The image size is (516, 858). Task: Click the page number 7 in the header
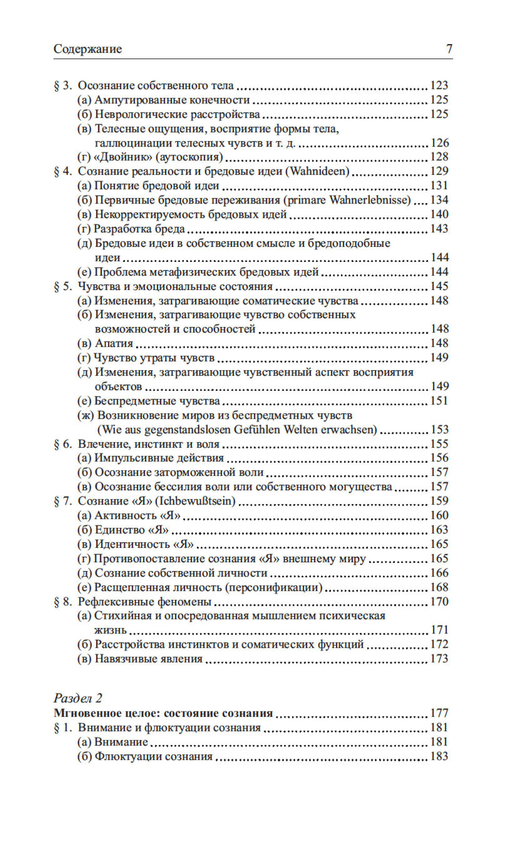(x=449, y=49)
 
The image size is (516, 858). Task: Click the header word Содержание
(x=88, y=49)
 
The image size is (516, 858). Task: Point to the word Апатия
(x=114, y=344)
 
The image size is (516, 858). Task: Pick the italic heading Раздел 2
(x=78, y=698)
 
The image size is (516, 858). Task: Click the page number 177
(x=439, y=713)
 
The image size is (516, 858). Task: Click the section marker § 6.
(x=63, y=444)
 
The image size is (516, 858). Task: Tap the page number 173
(x=439, y=659)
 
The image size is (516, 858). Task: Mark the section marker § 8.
(x=63, y=601)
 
